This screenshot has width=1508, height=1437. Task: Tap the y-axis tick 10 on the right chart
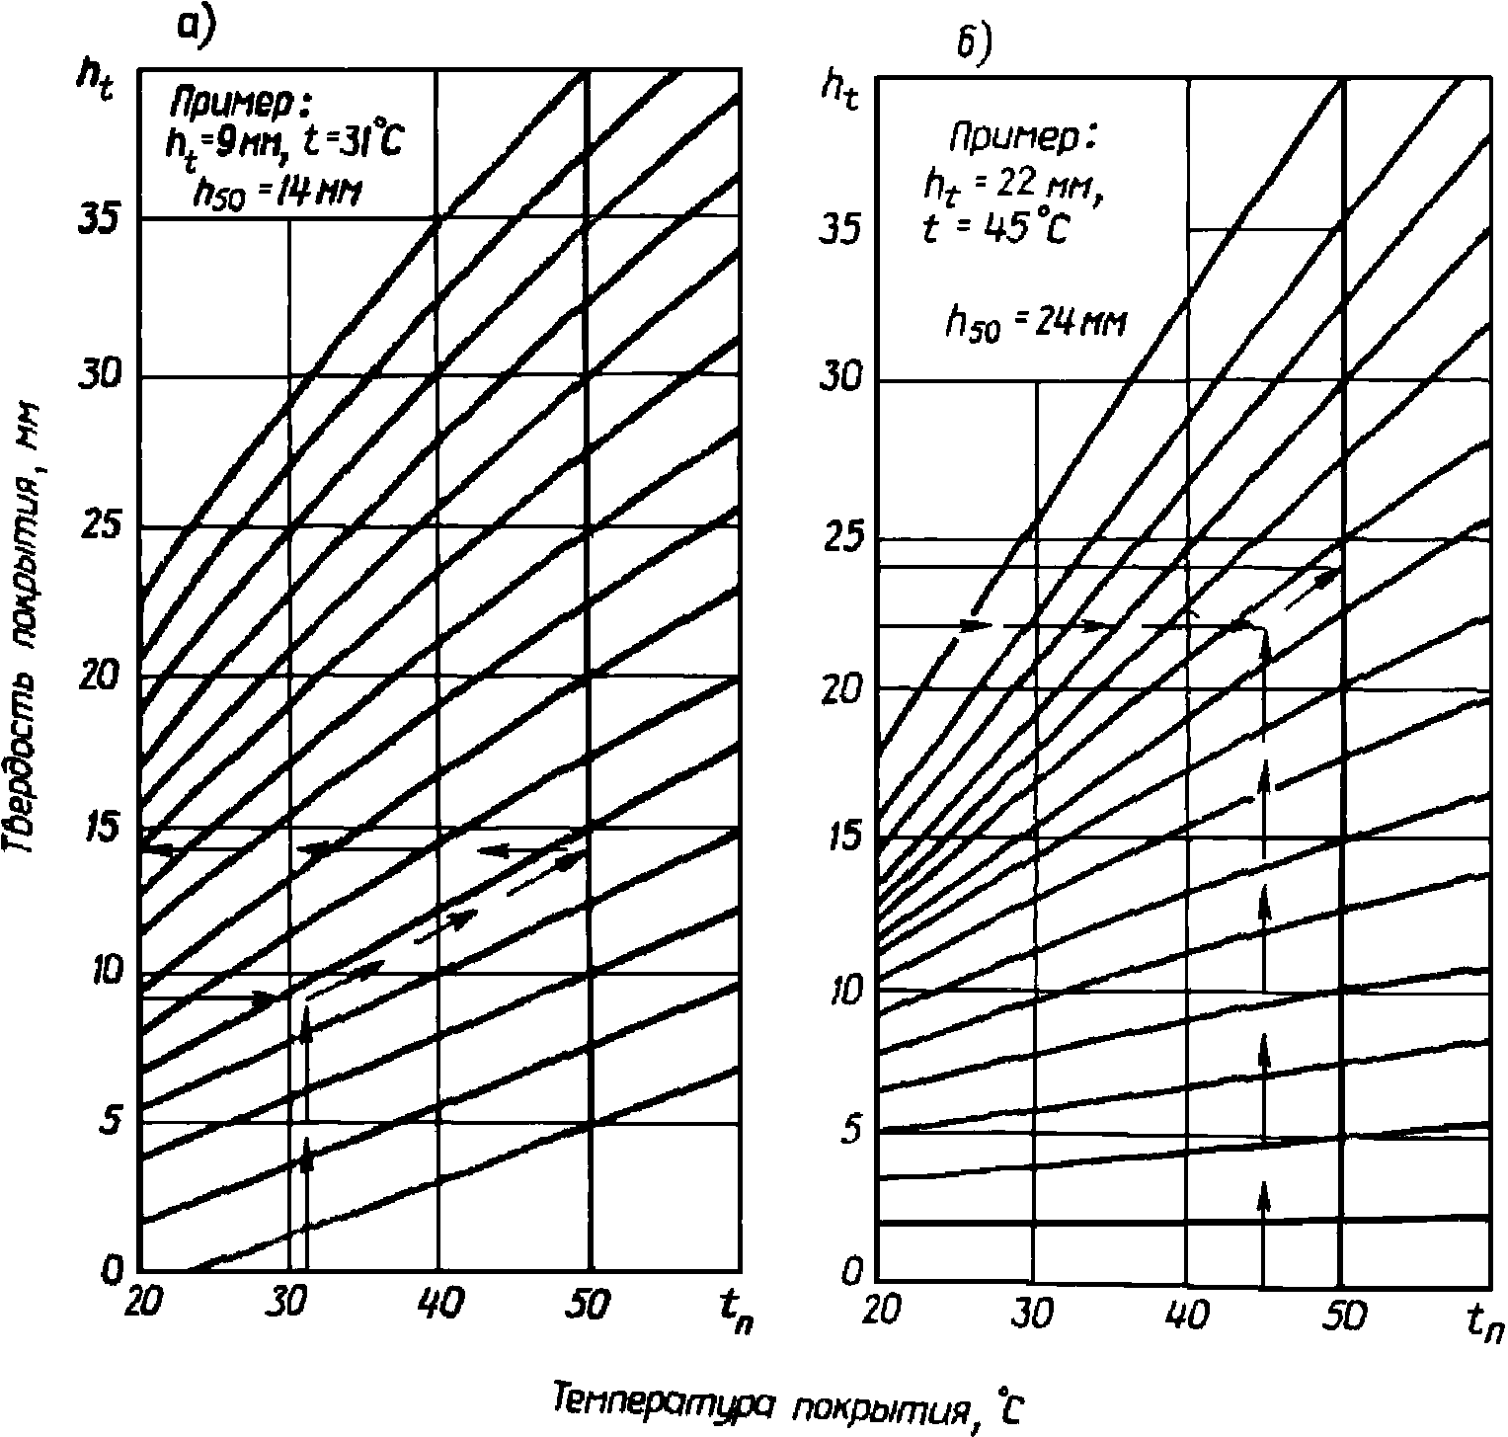840,989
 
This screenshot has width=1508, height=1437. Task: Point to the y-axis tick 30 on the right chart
840,380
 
